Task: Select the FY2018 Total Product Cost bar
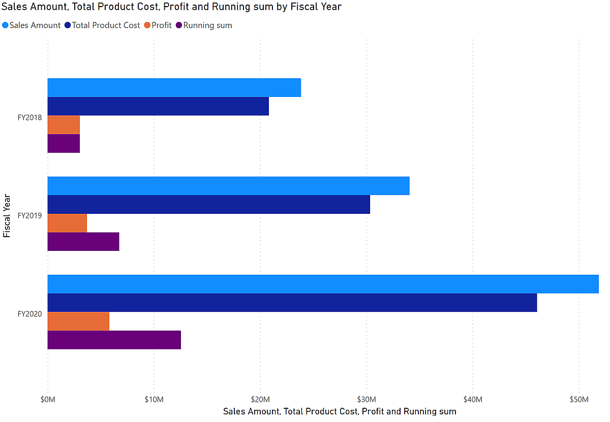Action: [x=158, y=106]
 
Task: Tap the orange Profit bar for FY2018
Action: [x=64, y=124]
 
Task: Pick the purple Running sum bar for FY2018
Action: [x=64, y=143]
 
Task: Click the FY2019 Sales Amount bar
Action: [x=228, y=186]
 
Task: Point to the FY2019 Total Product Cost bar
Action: [x=208, y=204]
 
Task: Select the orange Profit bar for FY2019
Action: [x=67, y=223]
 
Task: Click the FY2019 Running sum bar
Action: [x=83, y=241]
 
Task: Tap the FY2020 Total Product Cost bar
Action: [x=292, y=303]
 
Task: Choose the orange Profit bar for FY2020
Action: [x=78, y=321]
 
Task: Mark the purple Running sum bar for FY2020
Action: [x=114, y=340]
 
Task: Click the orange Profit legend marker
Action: [x=147, y=25]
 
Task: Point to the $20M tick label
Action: [x=260, y=400]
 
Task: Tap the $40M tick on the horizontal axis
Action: [x=473, y=400]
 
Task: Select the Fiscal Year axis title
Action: [x=7, y=215]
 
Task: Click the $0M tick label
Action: [x=47, y=400]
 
